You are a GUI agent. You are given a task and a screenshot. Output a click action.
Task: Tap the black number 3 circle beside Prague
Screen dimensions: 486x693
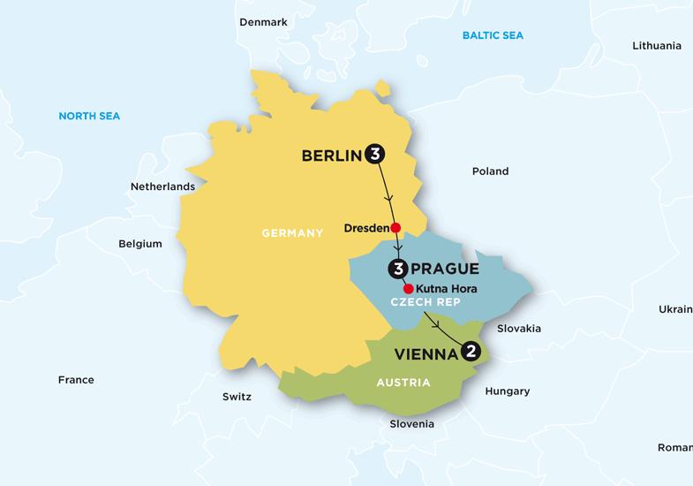396,269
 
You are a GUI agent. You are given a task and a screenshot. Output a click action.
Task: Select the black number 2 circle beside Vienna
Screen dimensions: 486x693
472,352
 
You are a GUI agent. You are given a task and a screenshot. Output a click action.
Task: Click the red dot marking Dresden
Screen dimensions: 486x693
395,227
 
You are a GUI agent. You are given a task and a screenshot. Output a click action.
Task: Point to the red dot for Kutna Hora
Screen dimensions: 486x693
408,289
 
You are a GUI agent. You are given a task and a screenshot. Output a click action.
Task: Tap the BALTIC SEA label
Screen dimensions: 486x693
493,35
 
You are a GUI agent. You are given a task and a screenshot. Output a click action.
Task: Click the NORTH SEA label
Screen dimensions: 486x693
89,116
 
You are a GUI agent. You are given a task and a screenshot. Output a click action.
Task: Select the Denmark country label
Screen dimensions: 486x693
264,22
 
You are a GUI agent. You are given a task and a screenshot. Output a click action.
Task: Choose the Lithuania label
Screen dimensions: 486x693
657,46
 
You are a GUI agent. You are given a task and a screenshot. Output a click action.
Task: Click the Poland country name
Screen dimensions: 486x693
490,172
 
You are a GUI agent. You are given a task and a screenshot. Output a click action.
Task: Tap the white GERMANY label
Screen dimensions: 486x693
293,233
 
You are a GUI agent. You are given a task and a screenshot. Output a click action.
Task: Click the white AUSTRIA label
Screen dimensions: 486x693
403,383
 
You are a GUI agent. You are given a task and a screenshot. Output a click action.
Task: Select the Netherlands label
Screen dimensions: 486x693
162,187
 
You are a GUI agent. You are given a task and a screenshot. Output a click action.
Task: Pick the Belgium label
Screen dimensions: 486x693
140,244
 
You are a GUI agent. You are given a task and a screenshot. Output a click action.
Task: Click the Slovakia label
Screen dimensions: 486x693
519,329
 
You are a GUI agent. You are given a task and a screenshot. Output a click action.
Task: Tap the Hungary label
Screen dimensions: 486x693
508,391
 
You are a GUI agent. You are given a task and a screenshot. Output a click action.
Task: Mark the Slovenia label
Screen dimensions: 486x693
412,424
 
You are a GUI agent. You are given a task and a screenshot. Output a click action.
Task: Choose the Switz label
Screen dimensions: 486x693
237,397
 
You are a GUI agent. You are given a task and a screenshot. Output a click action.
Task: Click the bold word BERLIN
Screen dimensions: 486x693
332,156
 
